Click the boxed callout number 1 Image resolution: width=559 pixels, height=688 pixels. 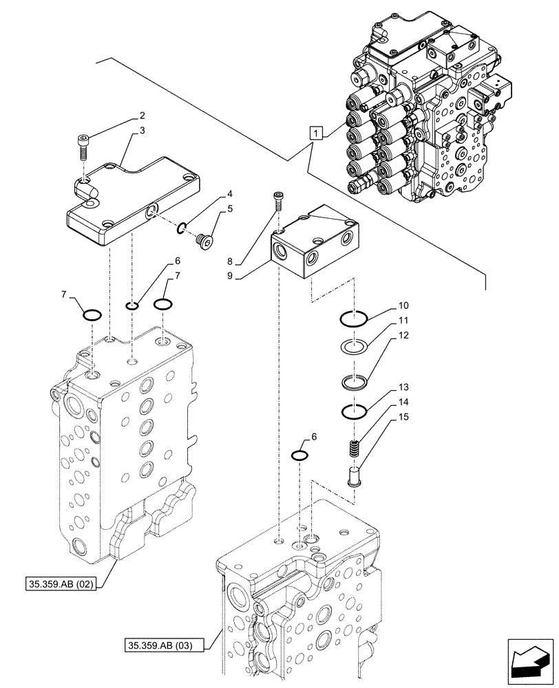coord(315,133)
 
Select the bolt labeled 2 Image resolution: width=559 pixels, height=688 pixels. coord(82,147)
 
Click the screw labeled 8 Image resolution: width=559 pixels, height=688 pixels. coord(277,199)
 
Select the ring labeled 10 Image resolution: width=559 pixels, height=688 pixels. coord(355,318)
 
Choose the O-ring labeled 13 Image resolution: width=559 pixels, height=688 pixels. coord(355,412)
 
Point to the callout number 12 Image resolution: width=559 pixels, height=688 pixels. coord(403,335)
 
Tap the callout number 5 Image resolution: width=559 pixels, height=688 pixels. coord(229,208)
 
